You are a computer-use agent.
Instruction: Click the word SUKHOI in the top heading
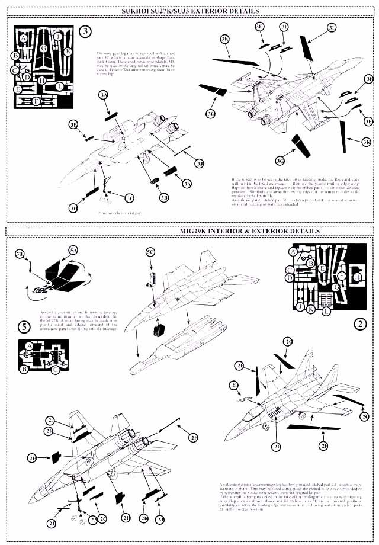137,11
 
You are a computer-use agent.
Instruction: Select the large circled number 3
85,32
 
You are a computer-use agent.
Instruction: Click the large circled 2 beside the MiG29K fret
359,323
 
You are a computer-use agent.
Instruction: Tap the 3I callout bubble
332,27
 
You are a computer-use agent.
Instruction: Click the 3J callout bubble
200,163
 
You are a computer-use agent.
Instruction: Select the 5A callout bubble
73,251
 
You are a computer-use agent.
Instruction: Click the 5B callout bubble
20,254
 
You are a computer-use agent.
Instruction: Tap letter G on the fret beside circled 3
44,49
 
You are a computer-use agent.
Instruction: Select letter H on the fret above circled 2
357,276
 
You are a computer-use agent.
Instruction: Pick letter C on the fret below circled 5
55,370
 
